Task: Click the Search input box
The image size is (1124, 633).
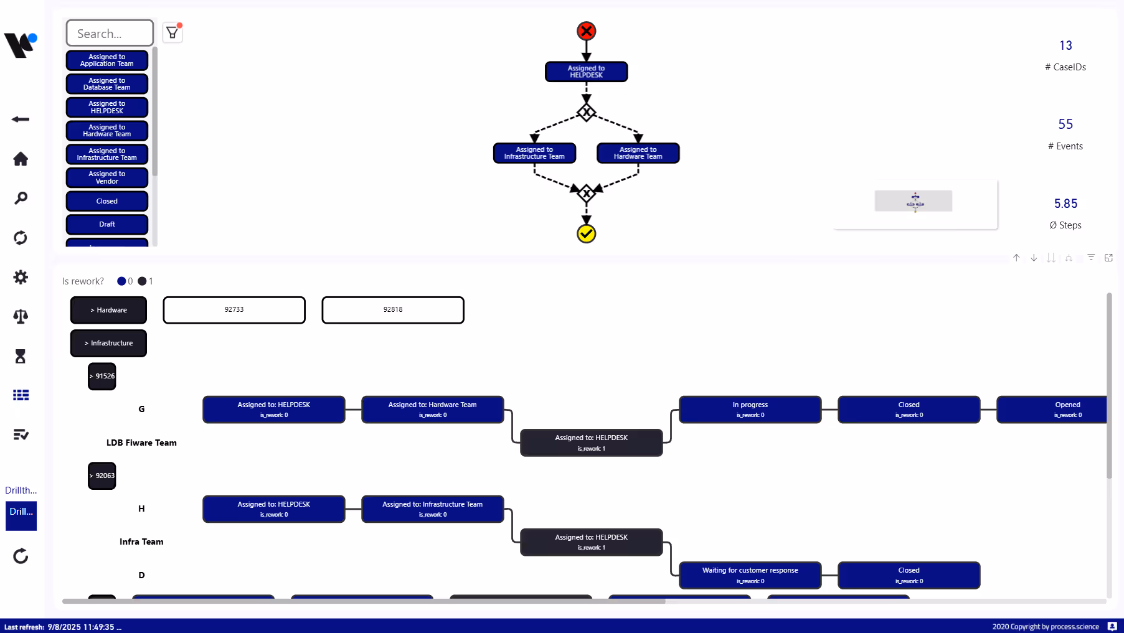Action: (x=110, y=34)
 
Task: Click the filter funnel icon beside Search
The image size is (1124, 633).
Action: (x=172, y=32)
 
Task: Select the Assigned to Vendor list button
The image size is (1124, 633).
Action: (x=107, y=178)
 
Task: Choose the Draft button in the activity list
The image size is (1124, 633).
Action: (x=107, y=224)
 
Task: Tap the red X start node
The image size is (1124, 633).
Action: (x=586, y=31)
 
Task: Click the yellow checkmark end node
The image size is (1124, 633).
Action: (x=586, y=234)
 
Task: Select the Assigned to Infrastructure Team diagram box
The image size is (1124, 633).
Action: (x=534, y=153)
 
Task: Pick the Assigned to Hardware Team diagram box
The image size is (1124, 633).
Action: (x=638, y=153)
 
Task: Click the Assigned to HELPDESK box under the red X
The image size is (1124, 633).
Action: (x=586, y=72)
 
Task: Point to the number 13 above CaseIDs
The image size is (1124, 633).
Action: (x=1065, y=45)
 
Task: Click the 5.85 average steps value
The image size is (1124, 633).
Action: (x=1065, y=204)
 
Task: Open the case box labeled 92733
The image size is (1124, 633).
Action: (x=234, y=310)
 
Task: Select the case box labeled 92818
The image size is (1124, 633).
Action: (x=393, y=310)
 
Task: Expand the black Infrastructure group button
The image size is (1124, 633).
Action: (x=108, y=343)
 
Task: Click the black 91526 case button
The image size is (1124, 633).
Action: (x=102, y=377)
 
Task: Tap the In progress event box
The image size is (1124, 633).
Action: (x=750, y=410)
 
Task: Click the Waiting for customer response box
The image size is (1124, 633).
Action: (x=750, y=575)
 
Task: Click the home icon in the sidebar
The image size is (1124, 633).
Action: (x=21, y=159)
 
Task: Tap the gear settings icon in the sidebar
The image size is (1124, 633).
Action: (x=21, y=277)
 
